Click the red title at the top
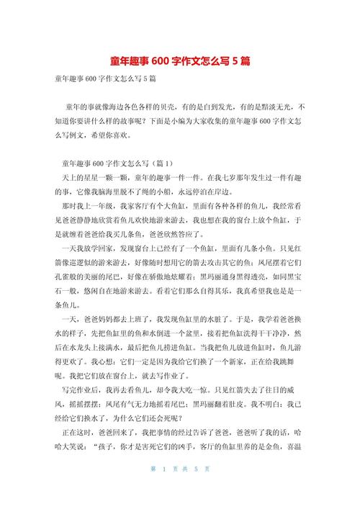180,62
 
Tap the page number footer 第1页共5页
180,490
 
